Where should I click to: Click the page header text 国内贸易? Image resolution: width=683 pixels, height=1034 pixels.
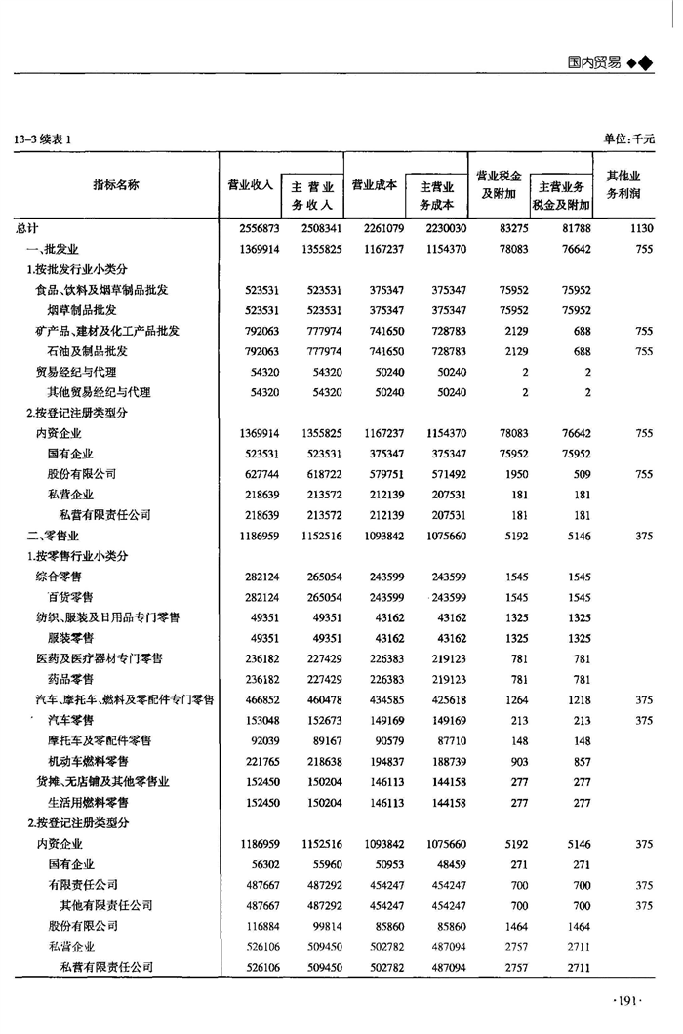(x=593, y=61)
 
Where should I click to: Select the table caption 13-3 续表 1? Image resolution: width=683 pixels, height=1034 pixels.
(x=43, y=139)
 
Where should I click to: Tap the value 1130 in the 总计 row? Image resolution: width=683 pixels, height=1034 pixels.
(x=641, y=228)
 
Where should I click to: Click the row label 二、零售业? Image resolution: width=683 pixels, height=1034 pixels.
(x=52, y=536)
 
